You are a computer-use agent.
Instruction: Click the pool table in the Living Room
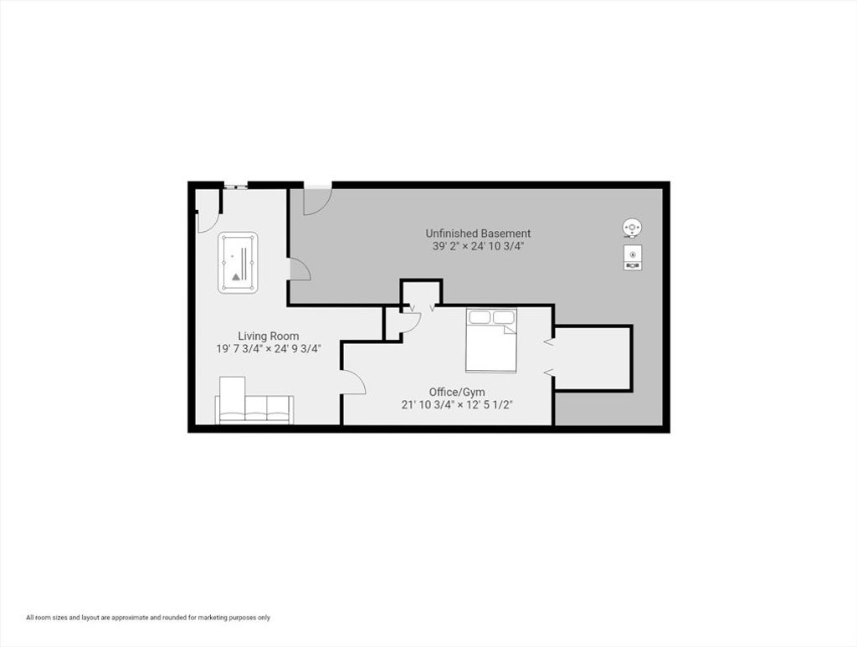coord(238,262)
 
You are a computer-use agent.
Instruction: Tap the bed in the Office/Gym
coord(490,341)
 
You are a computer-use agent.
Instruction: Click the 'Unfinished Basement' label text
coord(478,234)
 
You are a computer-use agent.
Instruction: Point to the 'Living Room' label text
coord(269,336)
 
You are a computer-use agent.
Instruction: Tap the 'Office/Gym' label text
coord(457,393)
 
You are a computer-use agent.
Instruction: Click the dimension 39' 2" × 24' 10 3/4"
coord(478,246)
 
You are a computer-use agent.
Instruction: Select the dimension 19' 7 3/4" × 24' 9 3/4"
coord(269,349)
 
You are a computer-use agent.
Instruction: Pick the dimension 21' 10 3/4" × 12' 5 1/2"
coord(457,405)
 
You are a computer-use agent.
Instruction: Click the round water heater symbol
coord(633,228)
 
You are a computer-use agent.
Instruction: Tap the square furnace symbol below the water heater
coord(633,257)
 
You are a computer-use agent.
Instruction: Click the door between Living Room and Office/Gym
coord(352,382)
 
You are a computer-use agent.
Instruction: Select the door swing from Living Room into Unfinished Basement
coord(299,269)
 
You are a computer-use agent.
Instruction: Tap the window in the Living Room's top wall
coord(235,187)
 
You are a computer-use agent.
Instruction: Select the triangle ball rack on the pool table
coord(235,276)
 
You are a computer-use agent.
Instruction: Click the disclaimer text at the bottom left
coord(148,618)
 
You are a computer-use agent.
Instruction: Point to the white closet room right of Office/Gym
coord(593,358)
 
